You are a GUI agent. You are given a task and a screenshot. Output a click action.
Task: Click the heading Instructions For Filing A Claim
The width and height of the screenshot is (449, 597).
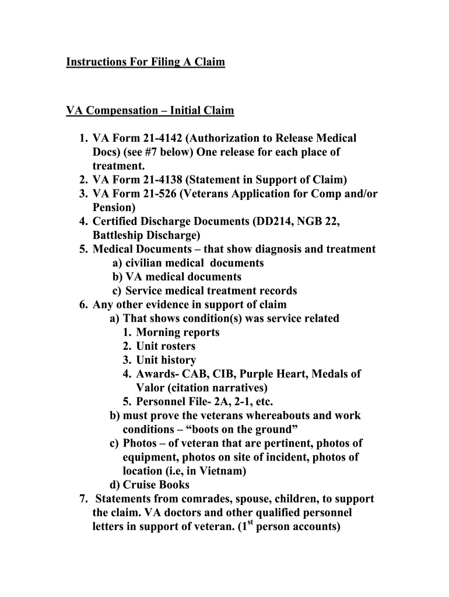coord(145,61)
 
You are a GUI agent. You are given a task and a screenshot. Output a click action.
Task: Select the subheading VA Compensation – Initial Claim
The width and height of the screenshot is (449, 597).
coord(150,110)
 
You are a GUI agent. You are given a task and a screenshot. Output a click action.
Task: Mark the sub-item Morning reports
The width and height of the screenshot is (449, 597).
coord(178,332)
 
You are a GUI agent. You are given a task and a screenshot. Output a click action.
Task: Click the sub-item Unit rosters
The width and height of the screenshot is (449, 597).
coord(166,346)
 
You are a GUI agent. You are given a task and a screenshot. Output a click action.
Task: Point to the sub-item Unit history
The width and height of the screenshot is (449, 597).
coord(166,360)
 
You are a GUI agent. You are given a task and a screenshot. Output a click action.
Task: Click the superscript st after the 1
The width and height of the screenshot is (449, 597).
coord(249,523)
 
